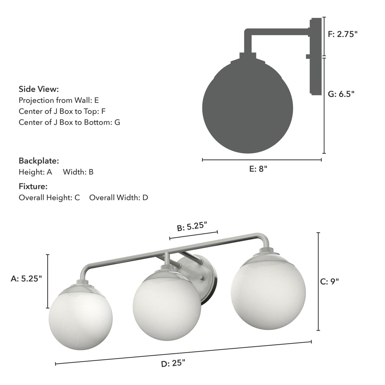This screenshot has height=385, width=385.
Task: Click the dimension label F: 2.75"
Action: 342,34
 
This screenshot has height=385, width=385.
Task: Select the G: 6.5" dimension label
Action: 341,94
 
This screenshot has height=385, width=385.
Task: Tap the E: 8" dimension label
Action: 258,169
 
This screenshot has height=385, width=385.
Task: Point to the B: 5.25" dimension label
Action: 192,226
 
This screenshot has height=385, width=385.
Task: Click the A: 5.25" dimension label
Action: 26,279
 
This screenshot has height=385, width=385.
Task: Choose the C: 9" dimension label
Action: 329,281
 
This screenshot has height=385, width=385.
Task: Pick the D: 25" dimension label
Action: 173,363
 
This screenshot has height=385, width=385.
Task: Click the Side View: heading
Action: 39,89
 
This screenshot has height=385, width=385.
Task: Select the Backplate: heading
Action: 39,161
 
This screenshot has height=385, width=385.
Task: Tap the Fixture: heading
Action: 33,186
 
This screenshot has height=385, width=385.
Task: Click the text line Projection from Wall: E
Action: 59,100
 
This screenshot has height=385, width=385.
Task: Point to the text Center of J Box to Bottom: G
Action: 69,122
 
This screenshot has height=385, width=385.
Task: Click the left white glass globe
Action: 80,318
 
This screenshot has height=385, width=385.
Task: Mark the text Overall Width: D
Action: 119,198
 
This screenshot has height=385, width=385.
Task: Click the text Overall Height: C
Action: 49,198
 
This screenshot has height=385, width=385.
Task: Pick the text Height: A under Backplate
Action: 35,172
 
